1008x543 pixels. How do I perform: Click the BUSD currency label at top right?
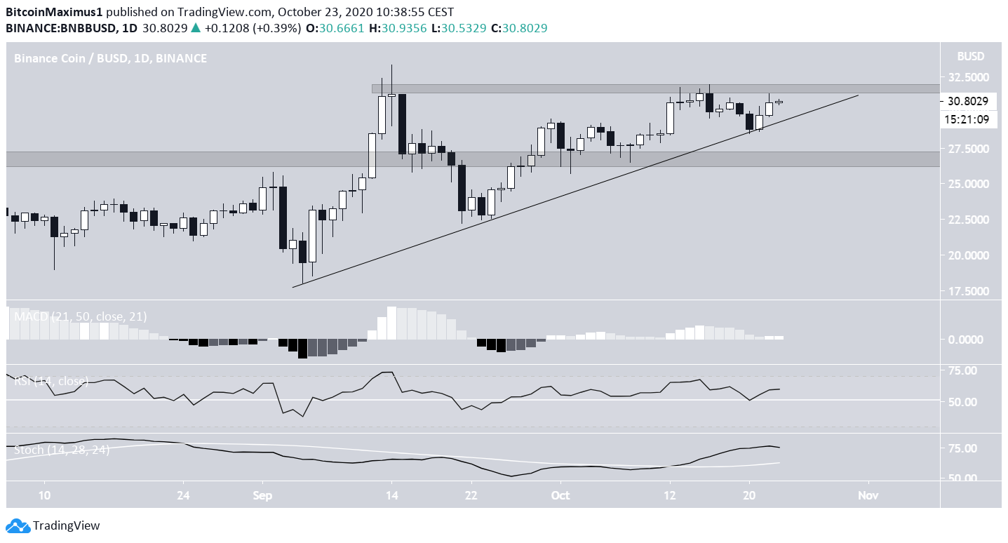[x=970, y=56]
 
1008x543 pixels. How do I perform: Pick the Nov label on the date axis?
[x=868, y=495]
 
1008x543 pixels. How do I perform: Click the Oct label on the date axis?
[x=560, y=495]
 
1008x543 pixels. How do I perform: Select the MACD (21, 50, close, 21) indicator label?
[x=81, y=316]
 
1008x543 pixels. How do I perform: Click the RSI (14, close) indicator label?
[x=51, y=381]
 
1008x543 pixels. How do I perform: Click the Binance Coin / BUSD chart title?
[x=110, y=58]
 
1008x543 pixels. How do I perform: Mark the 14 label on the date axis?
[x=391, y=495]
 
